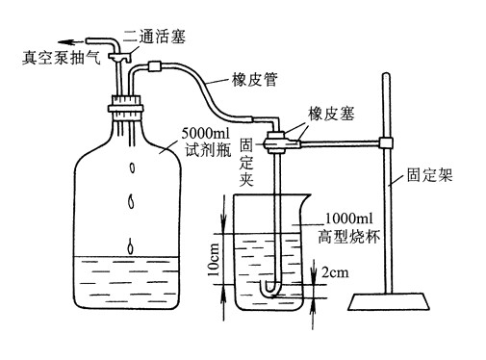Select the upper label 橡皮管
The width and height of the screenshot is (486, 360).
(254, 81)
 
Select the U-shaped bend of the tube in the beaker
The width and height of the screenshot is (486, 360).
(271, 288)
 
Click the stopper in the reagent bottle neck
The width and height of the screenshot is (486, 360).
(125, 102)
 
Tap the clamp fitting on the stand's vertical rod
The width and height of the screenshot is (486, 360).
(386, 143)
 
